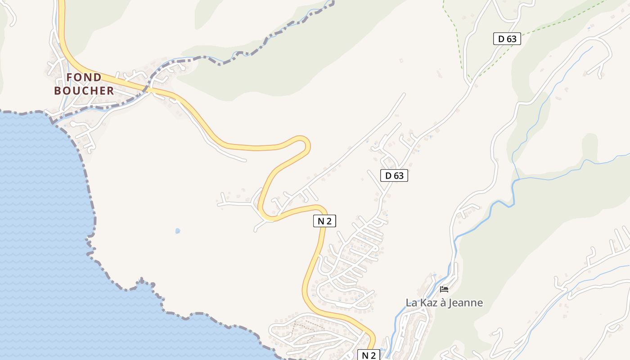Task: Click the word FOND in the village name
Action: (x=84, y=77)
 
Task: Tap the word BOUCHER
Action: (x=84, y=90)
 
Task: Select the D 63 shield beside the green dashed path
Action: (x=507, y=39)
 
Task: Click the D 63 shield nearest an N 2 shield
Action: (x=394, y=175)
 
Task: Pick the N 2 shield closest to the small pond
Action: (x=324, y=220)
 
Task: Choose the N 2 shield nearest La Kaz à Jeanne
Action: (x=369, y=355)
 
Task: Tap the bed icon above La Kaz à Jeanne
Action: (x=444, y=289)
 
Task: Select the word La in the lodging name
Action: (x=411, y=302)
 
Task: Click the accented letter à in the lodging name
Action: (x=442, y=302)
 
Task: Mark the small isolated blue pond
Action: (x=178, y=231)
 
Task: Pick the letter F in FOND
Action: (x=69, y=77)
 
